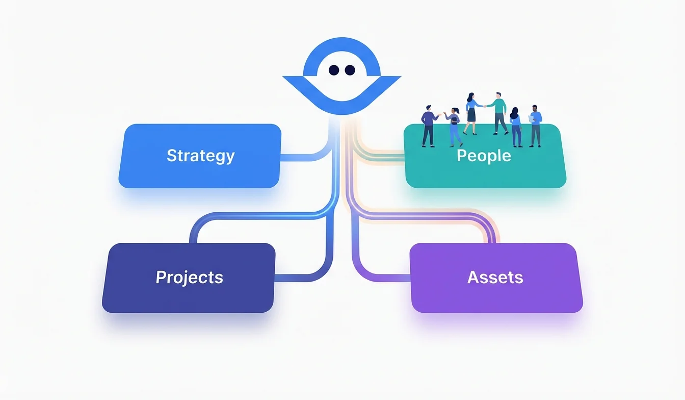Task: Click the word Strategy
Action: (x=200, y=156)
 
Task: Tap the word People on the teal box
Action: (x=484, y=155)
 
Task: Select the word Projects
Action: (x=189, y=277)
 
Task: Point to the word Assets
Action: (x=495, y=277)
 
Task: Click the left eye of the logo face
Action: (x=334, y=70)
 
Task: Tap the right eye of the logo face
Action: (x=350, y=70)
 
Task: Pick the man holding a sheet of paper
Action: (x=535, y=126)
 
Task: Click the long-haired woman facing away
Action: (x=516, y=127)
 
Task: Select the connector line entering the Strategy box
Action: (x=296, y=158)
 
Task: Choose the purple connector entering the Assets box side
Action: (x=392, y=278)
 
